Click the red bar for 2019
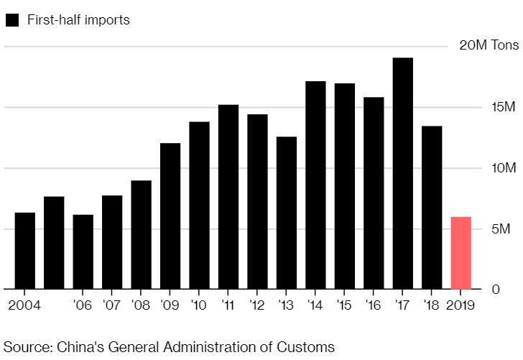click(460, 253)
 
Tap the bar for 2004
click(25, 251)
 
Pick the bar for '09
click(170, 216)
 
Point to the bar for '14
click(315, 185)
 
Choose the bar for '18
click(432, 208)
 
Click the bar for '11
click(228, 197)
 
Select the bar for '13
click(287, 213)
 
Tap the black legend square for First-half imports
click(11, 20)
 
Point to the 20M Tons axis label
click(489, 46)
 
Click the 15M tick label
click(504, 107)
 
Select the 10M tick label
click(504, 168)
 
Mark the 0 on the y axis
click(514, 290)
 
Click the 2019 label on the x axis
click(460, 305)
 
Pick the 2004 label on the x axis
click(25, 305)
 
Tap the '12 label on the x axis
click(257, 305)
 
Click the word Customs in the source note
click(307, 347)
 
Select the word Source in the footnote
click(26, 347)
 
